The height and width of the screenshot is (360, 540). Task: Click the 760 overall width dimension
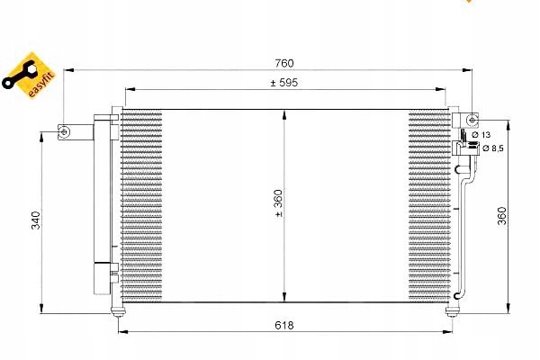click(x=284, y=63)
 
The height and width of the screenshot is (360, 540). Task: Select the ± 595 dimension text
click(x=284, y=83)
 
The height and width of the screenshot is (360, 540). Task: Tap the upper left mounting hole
click(x=64, y=132)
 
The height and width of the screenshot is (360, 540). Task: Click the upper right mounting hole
click(x=472, y=120)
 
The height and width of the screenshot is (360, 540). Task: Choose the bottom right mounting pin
click(x=451, y=310)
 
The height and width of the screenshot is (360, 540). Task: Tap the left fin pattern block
click(x=141, y=207)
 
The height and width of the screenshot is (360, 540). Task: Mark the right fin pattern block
click(x=428, y=207)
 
